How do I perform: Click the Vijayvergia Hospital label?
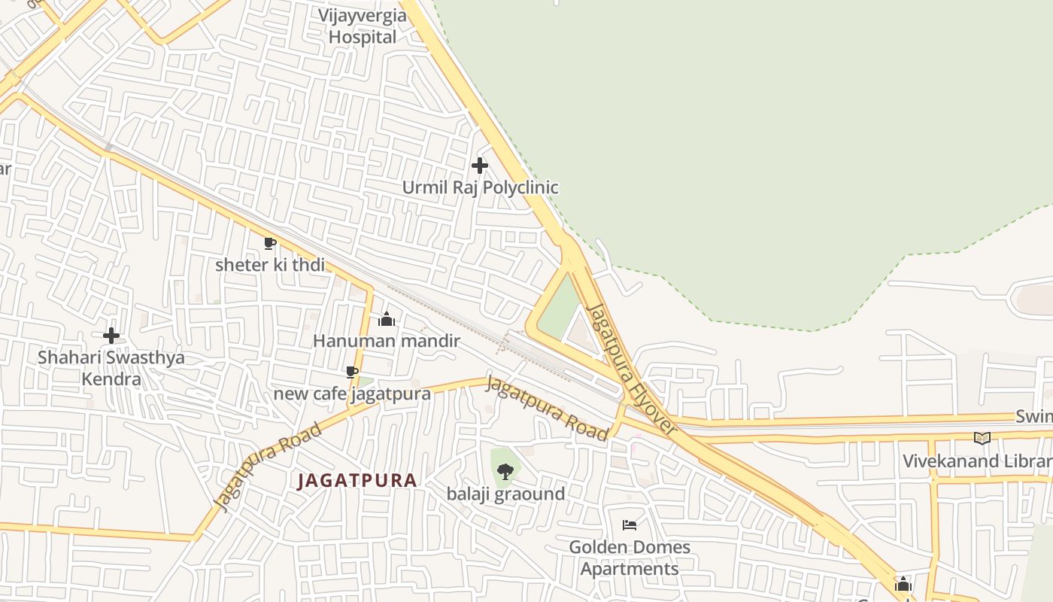coord(362,26)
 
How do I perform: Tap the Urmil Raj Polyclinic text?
coord(480,187)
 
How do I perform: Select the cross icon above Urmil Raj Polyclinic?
coord(479,165)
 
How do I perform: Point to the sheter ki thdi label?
coord(270,265)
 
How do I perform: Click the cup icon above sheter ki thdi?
coord(269,243)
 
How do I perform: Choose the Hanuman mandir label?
coord(386,341)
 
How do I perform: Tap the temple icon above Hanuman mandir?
coord(387,319)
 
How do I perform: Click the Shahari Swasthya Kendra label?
coord(111,368)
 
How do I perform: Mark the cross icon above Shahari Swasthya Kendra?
coord(111,336)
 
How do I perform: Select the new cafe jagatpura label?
coord(352,394)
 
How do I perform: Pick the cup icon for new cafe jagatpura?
coord(351,372)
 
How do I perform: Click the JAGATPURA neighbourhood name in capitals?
coord(357,480)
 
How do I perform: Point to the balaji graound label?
coord(505,494)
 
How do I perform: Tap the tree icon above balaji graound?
coord(505,472)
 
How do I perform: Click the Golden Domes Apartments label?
coord(630,558)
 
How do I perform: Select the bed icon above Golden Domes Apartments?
coord(630,524)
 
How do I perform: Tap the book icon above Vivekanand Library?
coord(982,438)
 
